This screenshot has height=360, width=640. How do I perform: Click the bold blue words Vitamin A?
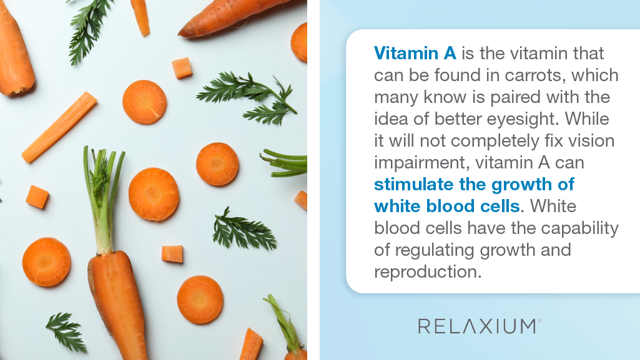(415, 54)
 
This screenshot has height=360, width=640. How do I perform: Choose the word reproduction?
(428, 272)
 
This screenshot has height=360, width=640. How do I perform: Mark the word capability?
(579, 228)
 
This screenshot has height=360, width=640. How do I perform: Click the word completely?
(495, 141)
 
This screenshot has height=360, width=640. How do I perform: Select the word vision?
(589, 140)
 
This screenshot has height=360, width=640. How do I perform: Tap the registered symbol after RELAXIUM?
(539, 321)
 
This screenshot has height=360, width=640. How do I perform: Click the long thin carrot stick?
(59, 127)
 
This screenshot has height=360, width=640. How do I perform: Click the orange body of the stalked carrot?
(117, 306)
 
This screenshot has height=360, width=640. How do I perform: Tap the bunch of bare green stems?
(285, 163)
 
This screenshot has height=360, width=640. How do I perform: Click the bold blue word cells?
(500, 207)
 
